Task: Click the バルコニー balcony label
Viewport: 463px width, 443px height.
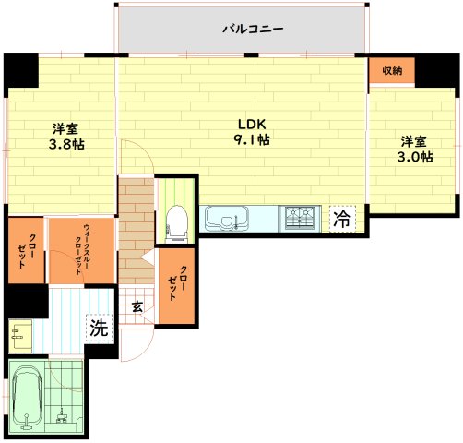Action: [253, 30]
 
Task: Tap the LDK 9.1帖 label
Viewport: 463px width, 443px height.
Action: [252, 132]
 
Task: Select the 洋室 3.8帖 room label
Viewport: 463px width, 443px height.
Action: [66, 137]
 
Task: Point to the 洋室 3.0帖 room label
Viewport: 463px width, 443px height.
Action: [415, 150]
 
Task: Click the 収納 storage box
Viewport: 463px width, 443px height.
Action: [392, 71]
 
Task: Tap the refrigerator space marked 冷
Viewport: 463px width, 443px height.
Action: [342, 219]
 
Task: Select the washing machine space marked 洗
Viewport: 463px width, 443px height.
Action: [100, 328]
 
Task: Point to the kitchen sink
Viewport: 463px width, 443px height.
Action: [227, 219]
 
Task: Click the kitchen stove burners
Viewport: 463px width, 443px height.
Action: [300, 219]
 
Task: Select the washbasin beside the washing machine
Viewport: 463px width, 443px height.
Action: [20, 336]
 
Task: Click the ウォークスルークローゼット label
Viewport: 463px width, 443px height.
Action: [82, 250]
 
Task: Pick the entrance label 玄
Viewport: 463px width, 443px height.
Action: [137, 306]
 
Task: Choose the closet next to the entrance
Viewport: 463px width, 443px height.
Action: [177, 286]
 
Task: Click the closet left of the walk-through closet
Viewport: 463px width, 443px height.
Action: [26, 250]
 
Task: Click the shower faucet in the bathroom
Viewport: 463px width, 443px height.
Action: [62, 415]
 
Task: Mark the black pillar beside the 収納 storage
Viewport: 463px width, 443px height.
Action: [437, 70]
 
